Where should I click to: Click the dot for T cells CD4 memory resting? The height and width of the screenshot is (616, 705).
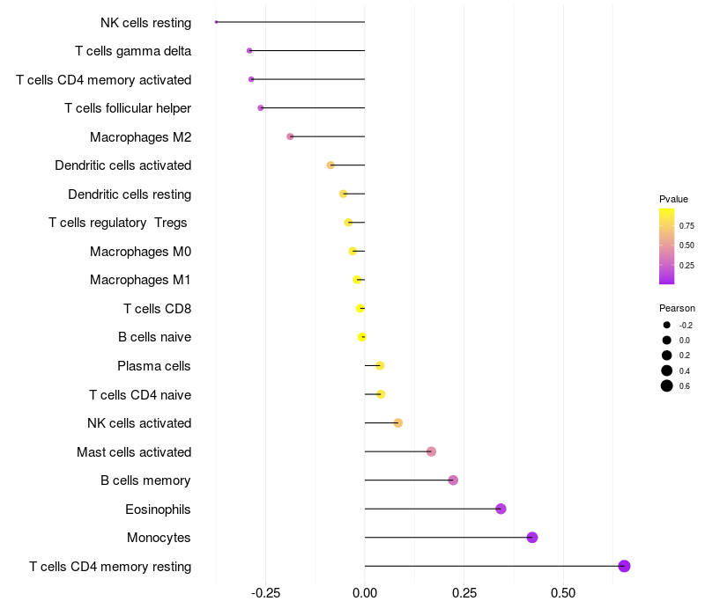[x=624, y=566]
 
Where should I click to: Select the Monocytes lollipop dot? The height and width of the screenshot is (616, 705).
[x=532, y=538]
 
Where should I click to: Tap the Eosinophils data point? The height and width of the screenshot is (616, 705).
[x=501, y=509]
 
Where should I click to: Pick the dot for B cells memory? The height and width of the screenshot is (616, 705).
[x=453, y=480]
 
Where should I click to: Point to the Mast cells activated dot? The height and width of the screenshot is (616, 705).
[x=431, y=451]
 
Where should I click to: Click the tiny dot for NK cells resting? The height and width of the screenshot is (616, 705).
[x=216, y=22]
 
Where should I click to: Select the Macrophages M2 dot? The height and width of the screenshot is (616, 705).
[x=290, y=136]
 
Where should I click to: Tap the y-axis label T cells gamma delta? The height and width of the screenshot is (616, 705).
[x=133, y=51]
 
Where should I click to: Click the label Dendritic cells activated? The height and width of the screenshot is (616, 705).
[x=122, y=165]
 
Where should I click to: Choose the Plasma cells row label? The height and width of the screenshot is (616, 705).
[x=154, y=366]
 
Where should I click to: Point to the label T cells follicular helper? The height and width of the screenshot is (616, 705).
[x=128, y=108]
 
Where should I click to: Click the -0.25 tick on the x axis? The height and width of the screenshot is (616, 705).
[x=265, y=593]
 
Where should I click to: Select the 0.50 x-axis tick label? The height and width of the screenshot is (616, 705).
[x=563, y=593]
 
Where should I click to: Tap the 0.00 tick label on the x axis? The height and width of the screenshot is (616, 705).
[x=364, y=593]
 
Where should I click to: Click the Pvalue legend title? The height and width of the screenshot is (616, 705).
[x=673, y=199]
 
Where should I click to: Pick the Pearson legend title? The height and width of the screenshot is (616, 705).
[x=677, y=308]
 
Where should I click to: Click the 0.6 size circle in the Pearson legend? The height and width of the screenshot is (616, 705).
[x=667, y=385]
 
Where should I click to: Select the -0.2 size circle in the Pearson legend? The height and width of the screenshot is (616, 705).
[x=667, y=325]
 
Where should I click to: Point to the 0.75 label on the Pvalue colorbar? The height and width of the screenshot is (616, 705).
[x=686, y=225]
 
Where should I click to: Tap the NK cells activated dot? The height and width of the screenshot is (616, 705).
[x=397, y=423]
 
